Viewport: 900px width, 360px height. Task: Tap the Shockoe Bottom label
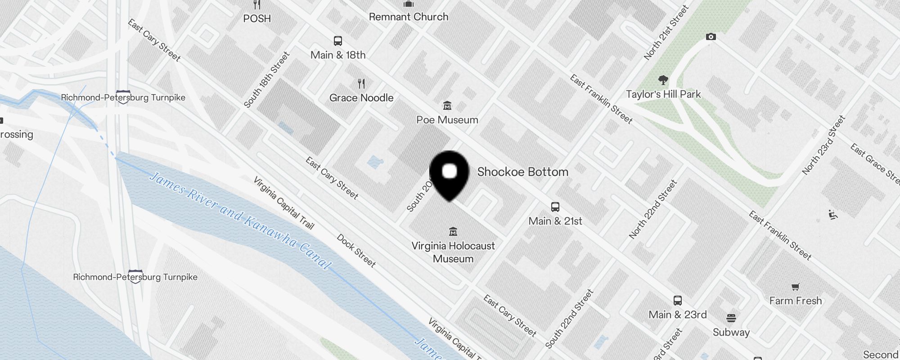[x=522, y=172]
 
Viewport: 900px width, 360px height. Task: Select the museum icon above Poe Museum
[x=447, y=106]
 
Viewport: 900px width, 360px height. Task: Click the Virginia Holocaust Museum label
[x=453, y=252]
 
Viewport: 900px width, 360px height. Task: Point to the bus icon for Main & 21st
[x=555, y=207]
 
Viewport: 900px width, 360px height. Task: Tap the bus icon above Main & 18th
[x=338, y=41]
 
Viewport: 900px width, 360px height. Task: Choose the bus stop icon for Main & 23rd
[x=678, y=301]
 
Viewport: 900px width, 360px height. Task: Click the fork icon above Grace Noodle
[x=361, y=83]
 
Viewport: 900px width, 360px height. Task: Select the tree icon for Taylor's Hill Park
[x=663, y=81]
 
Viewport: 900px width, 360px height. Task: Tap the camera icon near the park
[x=711, y=37]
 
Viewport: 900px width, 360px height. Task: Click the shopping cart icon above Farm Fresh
[x=795, y=287]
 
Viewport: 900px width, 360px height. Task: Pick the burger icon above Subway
[x=731, y=318]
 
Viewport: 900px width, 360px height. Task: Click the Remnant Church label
[x=409, y=17]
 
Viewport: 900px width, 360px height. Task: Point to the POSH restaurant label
[x=257, y=18]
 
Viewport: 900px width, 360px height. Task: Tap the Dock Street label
[x=356, y=251]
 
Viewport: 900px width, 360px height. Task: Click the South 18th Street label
[x=267, y=80]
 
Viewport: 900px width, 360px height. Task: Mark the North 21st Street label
[x=666, y=32]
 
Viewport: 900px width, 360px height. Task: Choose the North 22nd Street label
[x=653, y=209]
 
